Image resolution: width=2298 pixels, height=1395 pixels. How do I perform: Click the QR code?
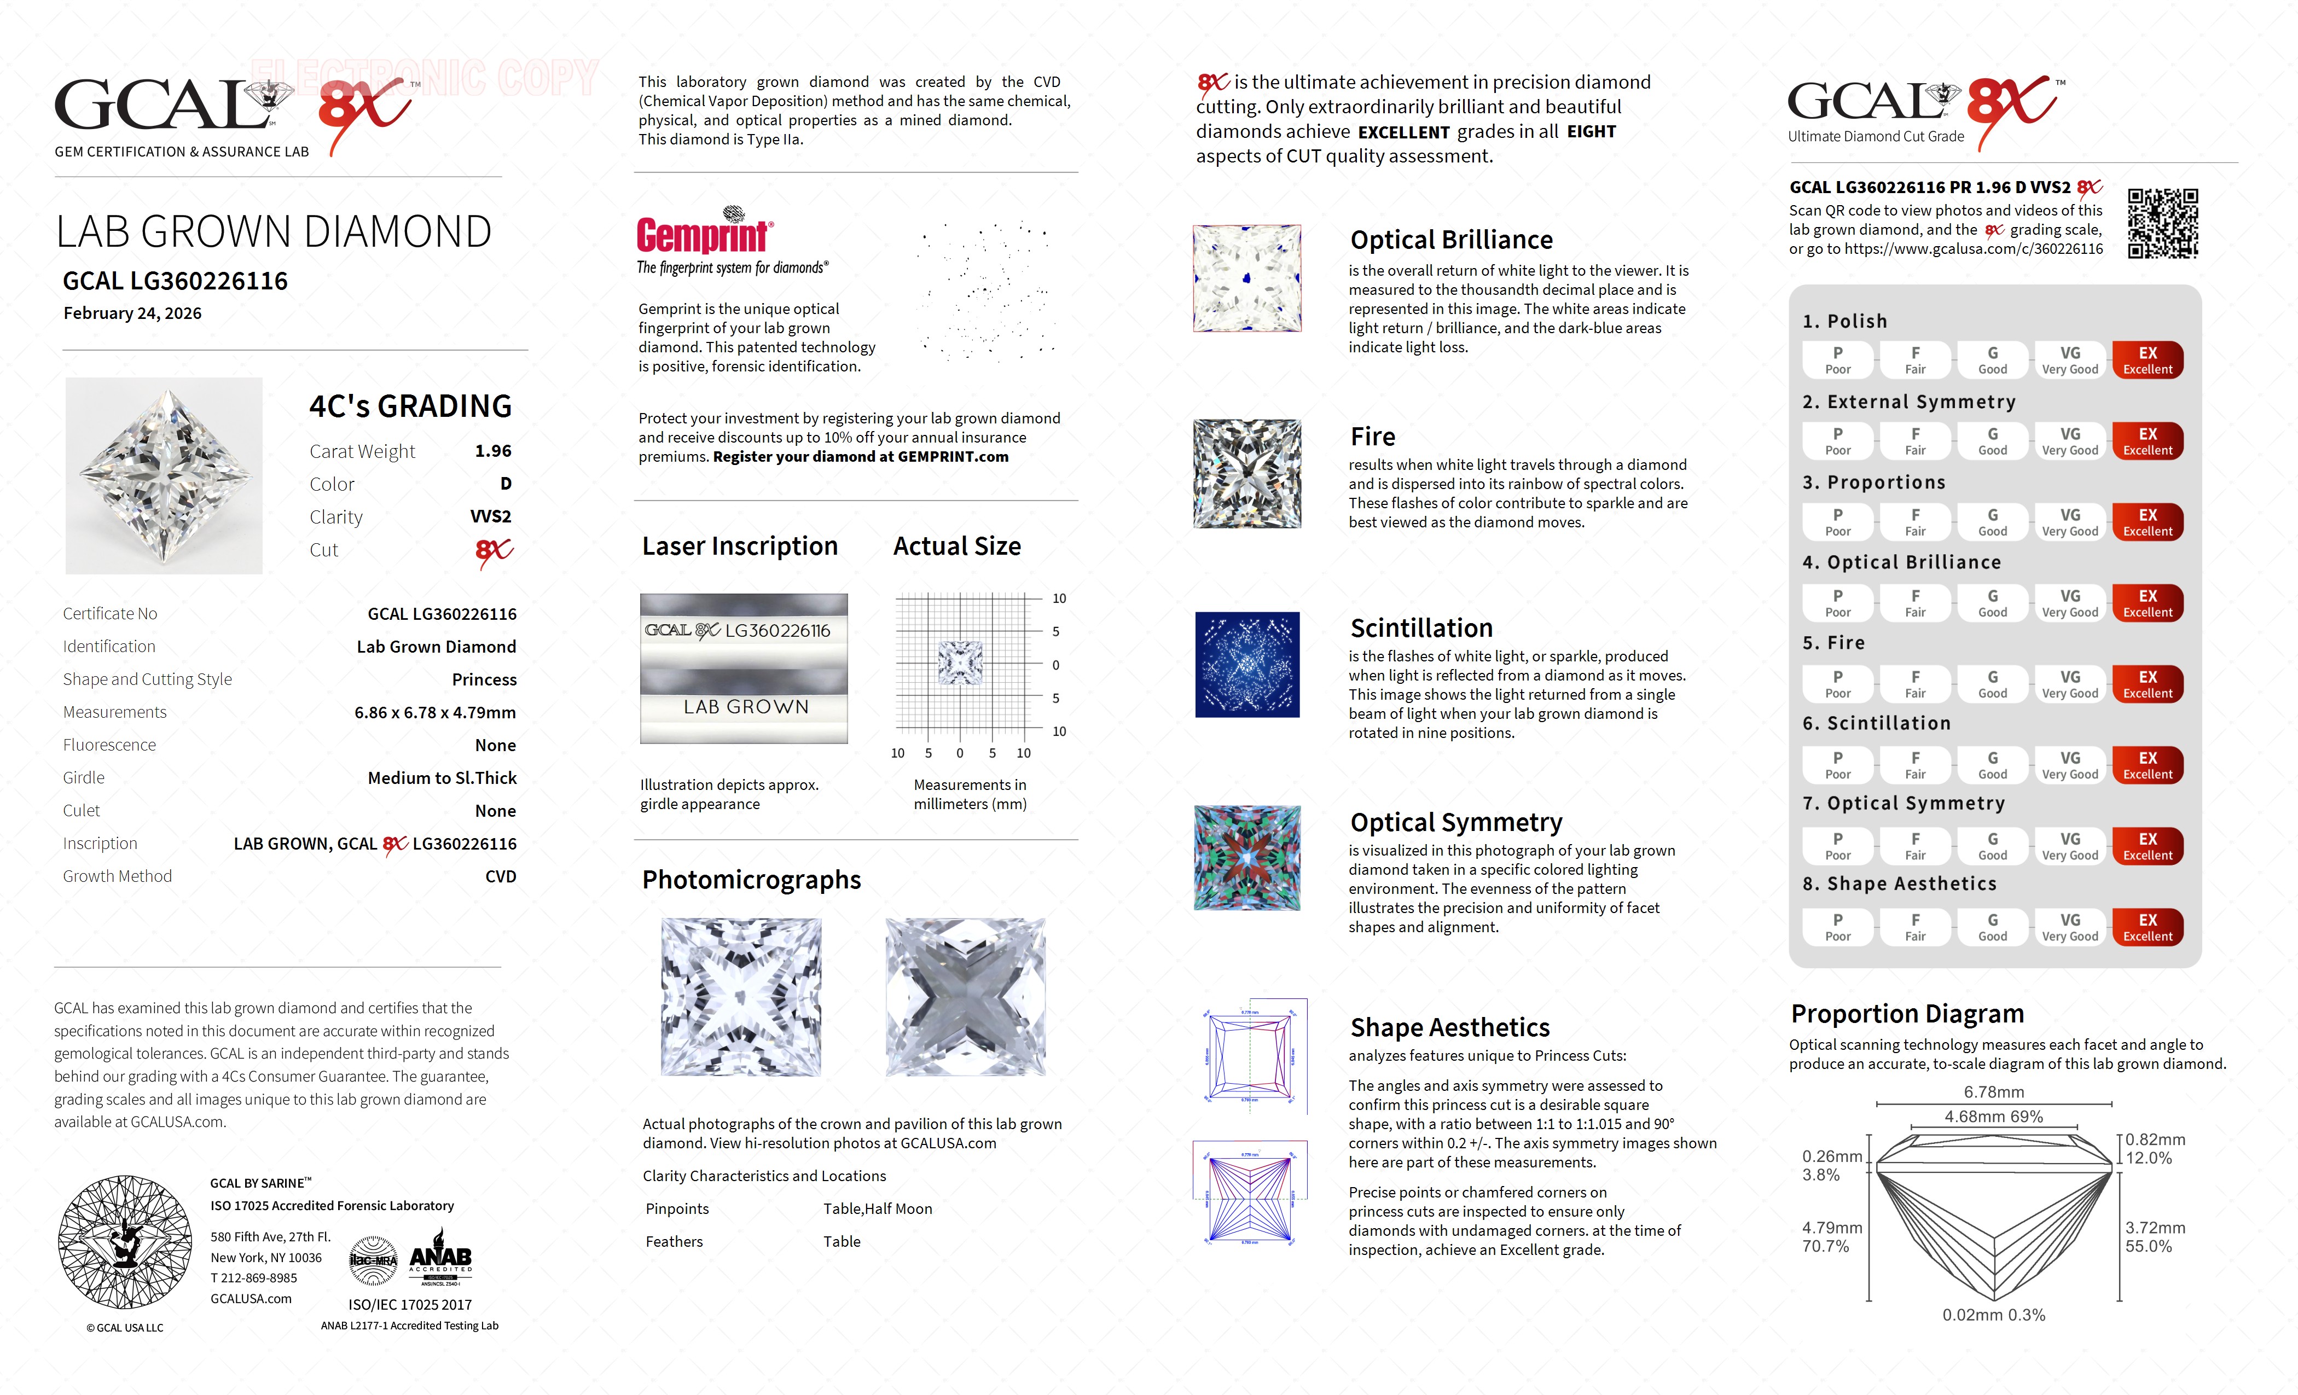2163,224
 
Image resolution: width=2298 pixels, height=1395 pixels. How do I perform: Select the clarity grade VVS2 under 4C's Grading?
491,516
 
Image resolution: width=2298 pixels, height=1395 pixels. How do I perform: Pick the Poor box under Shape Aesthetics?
1837,927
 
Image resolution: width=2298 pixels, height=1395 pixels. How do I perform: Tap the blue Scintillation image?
1247,665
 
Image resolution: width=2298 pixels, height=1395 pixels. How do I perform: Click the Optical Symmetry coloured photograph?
1247,858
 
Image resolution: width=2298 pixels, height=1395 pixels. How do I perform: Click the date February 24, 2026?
132,313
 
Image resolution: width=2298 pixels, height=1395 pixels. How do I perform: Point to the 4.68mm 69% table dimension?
1993,1116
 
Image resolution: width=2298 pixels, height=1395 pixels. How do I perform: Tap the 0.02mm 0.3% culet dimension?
1993,1315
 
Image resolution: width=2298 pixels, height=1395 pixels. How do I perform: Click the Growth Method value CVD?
500,876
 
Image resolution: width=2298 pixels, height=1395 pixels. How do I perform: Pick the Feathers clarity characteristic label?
674,1242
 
